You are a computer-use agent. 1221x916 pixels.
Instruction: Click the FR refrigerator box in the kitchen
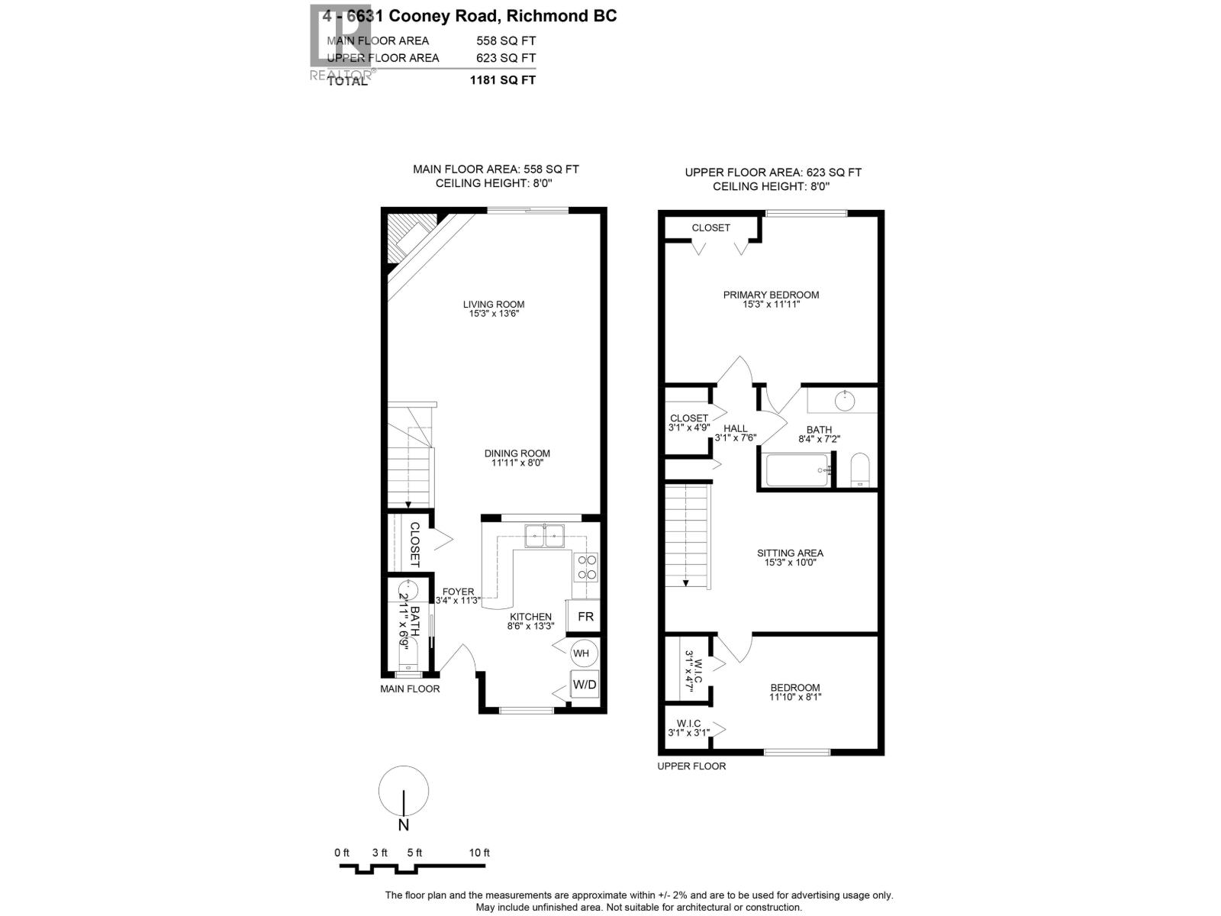585,616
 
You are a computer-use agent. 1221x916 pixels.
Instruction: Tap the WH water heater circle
582,653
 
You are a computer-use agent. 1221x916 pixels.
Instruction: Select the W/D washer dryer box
585,685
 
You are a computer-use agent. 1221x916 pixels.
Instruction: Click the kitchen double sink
544,536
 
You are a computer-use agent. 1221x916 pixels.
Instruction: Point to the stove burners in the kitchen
586,566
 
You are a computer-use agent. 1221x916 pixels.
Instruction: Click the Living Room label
494,305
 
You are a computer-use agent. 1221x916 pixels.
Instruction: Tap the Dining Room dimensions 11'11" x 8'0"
517,463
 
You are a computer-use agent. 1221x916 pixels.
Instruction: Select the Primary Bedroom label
771,295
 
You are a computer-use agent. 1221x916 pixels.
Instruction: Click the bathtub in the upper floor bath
796,470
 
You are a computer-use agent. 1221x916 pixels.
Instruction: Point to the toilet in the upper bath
860,469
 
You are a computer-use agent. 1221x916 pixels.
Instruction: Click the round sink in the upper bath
844,399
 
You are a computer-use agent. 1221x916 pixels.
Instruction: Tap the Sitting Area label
790,553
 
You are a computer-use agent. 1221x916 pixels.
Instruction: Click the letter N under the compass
404,825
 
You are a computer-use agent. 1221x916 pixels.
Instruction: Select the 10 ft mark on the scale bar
479,853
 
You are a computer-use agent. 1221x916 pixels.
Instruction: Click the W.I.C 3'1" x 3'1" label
688,728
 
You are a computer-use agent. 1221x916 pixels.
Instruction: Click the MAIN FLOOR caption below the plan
410,689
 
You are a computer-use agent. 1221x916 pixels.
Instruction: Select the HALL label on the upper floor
736,428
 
